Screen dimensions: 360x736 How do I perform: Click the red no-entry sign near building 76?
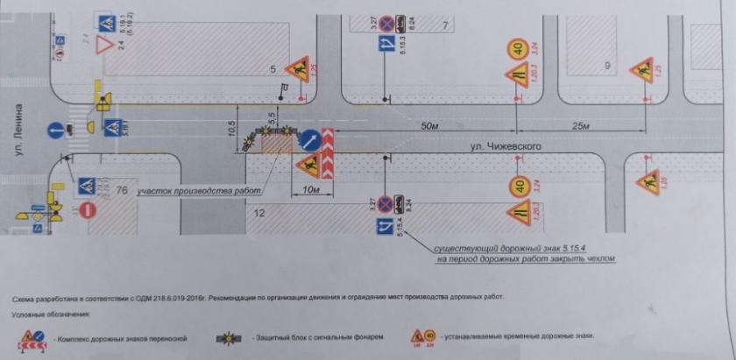coord(87,210)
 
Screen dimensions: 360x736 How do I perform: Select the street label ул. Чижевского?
coord(500,145)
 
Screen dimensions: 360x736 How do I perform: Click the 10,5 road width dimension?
coord(230,128)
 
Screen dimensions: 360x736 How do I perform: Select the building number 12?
coord(258,213)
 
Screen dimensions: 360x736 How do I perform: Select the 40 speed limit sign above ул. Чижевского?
coord(518,49)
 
